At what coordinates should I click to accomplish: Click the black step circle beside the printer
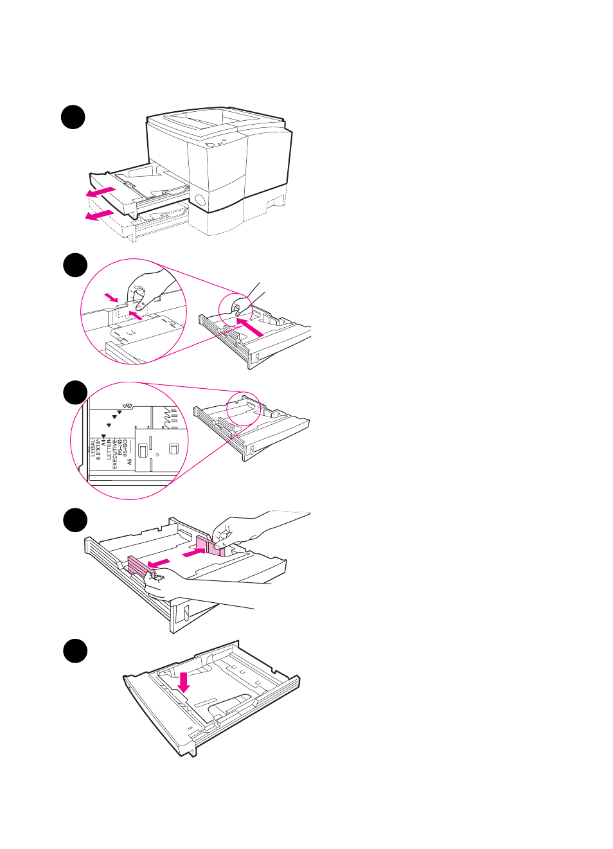[x=73, y=117]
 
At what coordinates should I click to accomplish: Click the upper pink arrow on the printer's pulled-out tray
[x=101, y=192]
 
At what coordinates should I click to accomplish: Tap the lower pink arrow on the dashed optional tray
[x=99, y=215]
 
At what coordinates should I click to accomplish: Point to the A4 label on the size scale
[x=103, y=443]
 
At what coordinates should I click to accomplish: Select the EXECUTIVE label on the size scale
[x=115, y=454]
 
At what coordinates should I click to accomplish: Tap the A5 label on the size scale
[x=130, y=461]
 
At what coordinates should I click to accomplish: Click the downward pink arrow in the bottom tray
[x=184, y=682]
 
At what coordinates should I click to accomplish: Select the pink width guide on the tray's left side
[x=137, y=566]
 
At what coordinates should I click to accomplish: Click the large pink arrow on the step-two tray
[x=250, y=326]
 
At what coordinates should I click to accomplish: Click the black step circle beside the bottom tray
[x=75, y=650]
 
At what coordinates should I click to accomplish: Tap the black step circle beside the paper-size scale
[x=75, y=393]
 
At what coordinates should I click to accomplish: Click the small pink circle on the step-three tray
[x=244, y=408]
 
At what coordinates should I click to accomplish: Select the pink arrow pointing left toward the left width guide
[x=158, y=564]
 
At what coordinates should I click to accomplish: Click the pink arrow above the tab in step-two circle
[x=112, y=297]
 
